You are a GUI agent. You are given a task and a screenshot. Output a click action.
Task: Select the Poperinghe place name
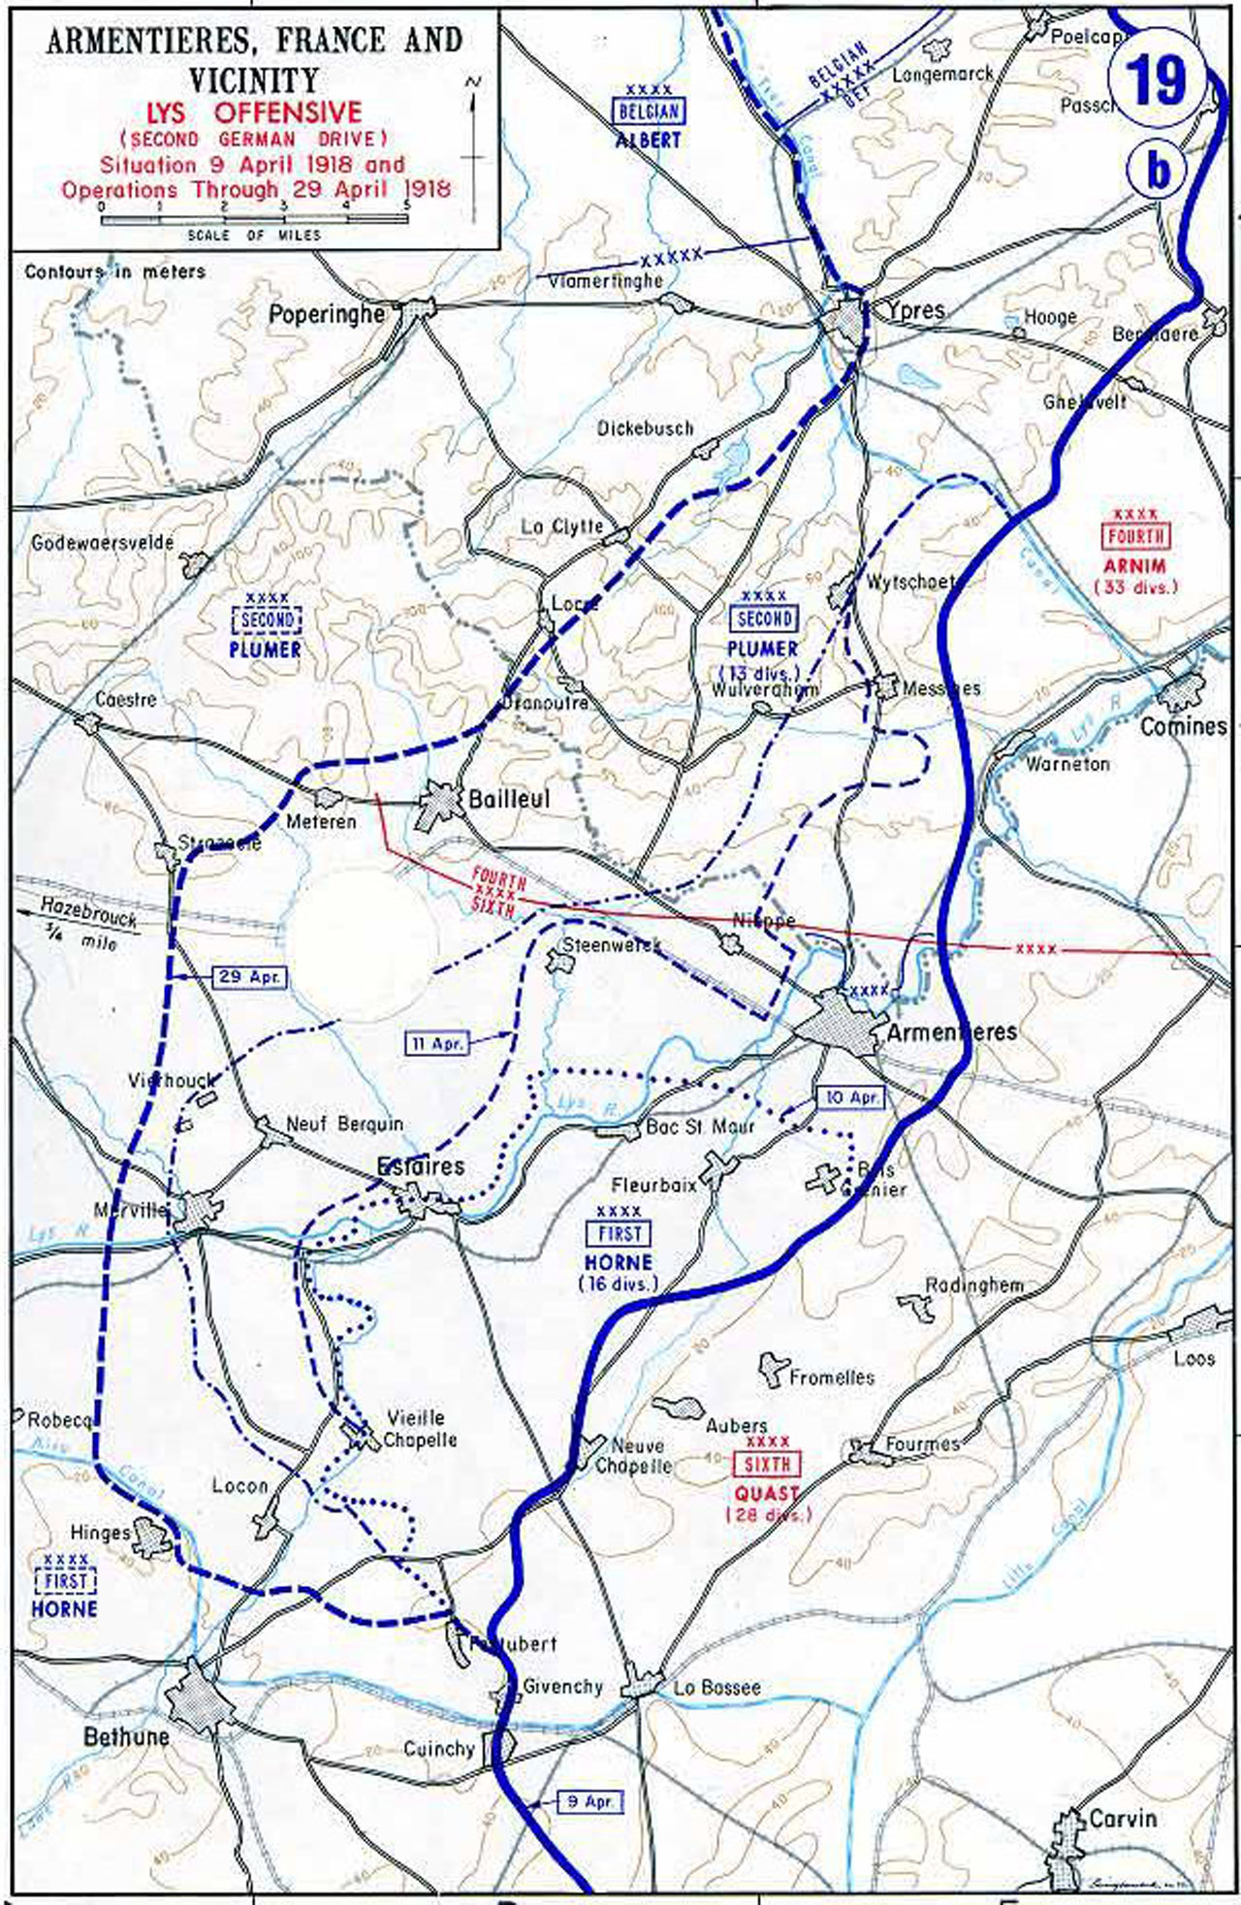coord(327,314)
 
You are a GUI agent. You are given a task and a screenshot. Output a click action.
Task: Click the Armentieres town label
coord(952,1032)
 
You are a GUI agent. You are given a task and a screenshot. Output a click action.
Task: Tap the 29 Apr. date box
coord(250,976)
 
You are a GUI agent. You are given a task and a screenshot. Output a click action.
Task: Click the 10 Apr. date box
coord(850,1096)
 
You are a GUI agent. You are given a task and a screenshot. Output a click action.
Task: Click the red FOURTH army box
coord(1135,536)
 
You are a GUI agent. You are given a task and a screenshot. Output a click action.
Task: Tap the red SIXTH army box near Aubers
coord(767,1465)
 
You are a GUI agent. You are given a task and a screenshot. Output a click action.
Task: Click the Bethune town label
coord(126,1736)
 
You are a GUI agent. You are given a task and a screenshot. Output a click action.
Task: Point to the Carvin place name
coord(1123,1818)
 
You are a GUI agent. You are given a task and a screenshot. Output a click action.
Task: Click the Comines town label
coord(1183,726)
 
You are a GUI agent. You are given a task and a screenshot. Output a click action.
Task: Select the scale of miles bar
coord(255,221)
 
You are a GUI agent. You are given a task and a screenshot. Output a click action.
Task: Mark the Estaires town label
coord(421,1167)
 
